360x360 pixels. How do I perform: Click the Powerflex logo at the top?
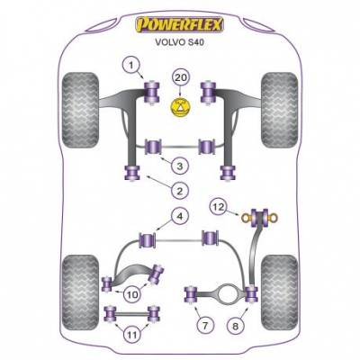coord(180,24)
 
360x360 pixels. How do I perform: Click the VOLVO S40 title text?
coord(179,42)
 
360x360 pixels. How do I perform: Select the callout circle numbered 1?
coord(130,65)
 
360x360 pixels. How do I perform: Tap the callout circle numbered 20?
coord(181,78)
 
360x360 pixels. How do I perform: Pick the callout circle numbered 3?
coord(180,166)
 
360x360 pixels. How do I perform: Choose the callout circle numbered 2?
coord(180,191)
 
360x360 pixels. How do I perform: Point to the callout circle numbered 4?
coord(179,217)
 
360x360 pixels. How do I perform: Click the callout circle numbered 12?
coord(219,207)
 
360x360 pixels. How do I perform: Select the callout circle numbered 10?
coord(132,294)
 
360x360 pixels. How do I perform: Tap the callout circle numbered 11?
coord(131,335)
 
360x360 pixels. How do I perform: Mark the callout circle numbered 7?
coord(205,325)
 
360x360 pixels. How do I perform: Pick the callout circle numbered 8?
coord(236,326)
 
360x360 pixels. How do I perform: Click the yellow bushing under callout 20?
coord(180,107)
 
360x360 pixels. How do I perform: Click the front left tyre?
coord(80,110)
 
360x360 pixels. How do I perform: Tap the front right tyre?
coord(280,110)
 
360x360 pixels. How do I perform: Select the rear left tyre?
coord(80,292)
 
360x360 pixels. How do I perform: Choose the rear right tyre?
coord(280,292)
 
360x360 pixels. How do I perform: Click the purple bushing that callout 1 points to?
coord(152,92)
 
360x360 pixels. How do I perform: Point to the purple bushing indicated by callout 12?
coord(260,218)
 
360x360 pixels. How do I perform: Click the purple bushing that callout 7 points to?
coord(191,294)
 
